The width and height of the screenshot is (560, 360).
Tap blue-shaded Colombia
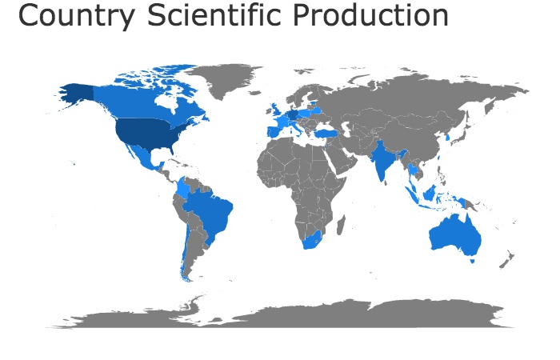[x=183, y=189]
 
